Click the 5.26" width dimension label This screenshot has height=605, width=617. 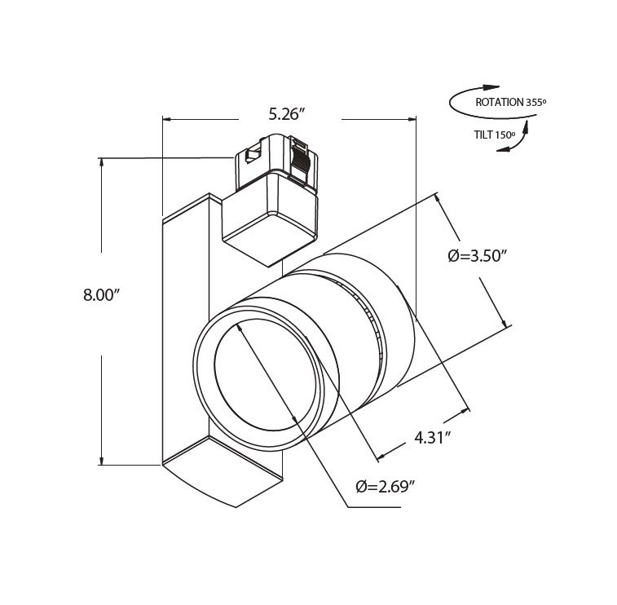pyautogui.click(x=287, y=114)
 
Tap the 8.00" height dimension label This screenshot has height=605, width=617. pyautogui.click(x=101, y=294)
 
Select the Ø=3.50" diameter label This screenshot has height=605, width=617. pyautogui.click(x=476, y=256)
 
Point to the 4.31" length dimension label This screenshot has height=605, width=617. pyautogui.click(x=433, y=438)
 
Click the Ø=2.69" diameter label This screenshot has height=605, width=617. pyautogui.click(x=386, y=487)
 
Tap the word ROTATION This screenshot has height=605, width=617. pyautogui.click(x=499, y=103)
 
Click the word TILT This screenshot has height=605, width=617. pyautogui.click(x=483, y=135)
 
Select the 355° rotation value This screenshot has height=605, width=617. pyautogui.click(x=535, y=103)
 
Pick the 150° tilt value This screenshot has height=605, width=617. pyautogui.click(x=505, y=135)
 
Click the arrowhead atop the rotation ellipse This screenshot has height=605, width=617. pyautogui.click(x=491, y=87)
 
